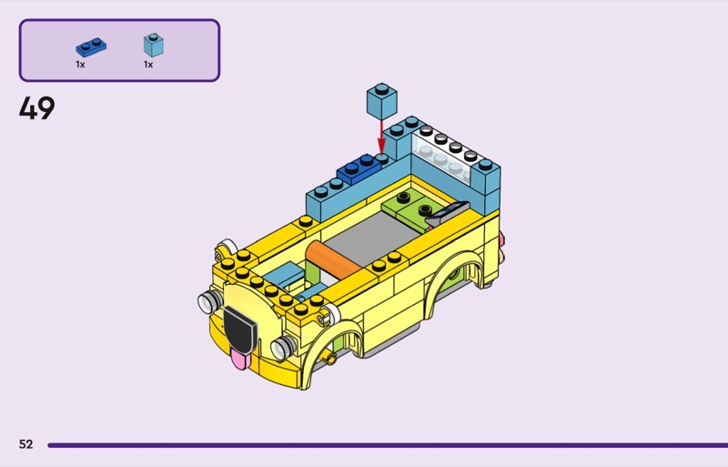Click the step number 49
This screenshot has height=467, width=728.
[36, 108]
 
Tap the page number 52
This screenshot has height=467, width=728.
[26, 444]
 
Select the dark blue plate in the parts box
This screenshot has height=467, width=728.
[91, 47]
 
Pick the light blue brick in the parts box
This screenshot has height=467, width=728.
[153, 45]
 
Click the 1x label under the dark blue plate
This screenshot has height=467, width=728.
[80, 65]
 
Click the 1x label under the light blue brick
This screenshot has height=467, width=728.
[148, 65]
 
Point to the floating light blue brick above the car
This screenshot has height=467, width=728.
[381, 101]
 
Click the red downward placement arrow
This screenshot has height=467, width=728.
[381, 137]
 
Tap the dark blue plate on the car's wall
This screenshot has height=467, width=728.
[359, 168]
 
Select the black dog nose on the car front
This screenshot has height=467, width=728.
[240, 329]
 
